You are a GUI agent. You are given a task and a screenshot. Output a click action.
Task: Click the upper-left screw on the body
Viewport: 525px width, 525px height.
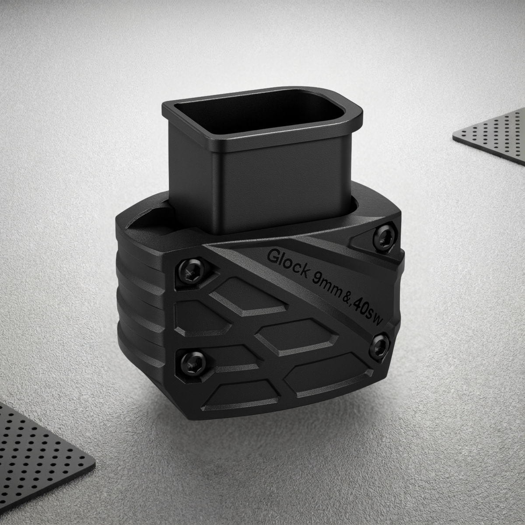(191, 273)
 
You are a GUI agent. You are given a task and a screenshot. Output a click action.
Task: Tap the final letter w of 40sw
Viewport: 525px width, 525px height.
(379, 321)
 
